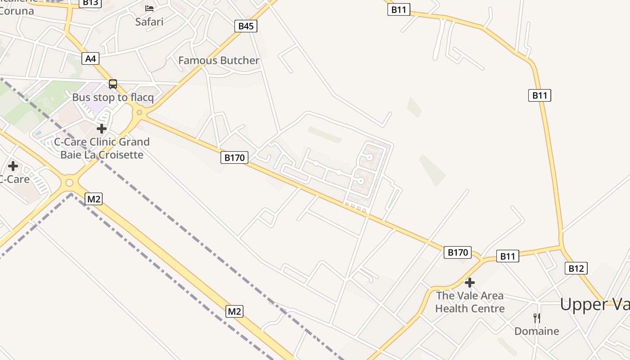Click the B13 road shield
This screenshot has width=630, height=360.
tap(90, 3)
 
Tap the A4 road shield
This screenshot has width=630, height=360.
tap(90, 58)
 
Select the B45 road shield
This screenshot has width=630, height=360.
tap(246, 26)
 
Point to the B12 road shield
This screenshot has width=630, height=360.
tap(576, 269)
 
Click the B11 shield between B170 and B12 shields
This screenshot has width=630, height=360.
tap(507, 256)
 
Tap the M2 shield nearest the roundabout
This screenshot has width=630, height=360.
tap(93, 198)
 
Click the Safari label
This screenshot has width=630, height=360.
tap(149, 22)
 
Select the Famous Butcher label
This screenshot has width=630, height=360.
tap(219, 60)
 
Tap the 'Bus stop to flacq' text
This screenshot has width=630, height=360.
tap(113, 97)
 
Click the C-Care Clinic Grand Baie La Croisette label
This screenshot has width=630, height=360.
tap(102, 148)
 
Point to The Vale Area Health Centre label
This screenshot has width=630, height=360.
tap(470, 302)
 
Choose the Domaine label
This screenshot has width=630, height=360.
tap(537, 331)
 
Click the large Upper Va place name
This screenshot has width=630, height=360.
tap(594, 305)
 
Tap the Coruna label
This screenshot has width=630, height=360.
tap(16, 10)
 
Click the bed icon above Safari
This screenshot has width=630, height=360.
tap(149, 8)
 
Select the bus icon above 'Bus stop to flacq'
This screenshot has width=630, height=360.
tap(113, 84)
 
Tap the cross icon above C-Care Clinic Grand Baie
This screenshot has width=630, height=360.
tap(102, 129)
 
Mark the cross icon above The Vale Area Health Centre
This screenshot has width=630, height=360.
tap(470, 283)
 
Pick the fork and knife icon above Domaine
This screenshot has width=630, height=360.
tap(536, 318)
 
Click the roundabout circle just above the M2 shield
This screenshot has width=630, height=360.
tap(69, 183)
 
